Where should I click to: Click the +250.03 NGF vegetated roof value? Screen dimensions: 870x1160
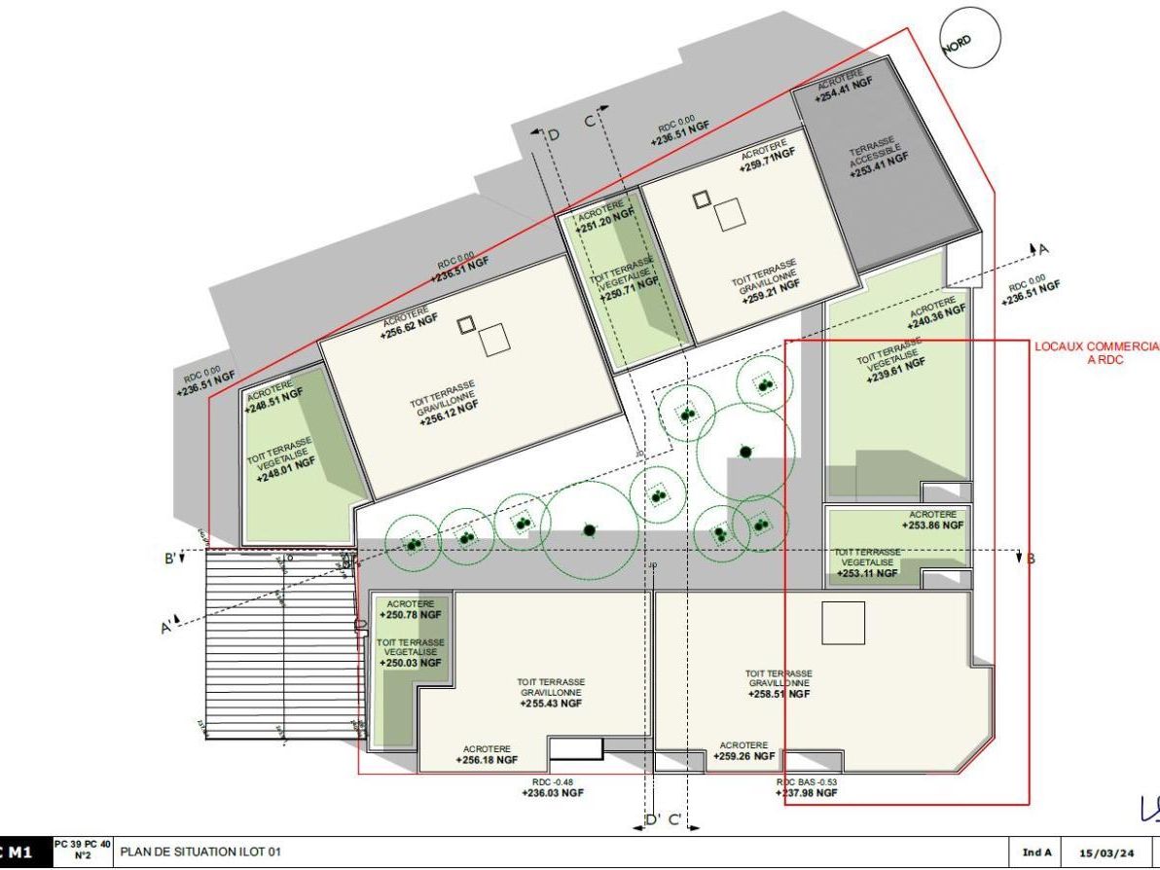[411, 663]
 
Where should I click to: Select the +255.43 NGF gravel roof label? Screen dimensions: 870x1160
[551, 704]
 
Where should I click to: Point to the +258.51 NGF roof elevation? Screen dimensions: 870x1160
[779, 695]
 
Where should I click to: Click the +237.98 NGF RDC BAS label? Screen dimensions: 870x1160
[807, 793]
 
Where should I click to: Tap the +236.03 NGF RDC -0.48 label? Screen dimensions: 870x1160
[553, 793]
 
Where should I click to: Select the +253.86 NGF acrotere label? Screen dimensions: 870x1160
[932, 525]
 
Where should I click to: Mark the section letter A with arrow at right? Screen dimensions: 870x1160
[1042, 249]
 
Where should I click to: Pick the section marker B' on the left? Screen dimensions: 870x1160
[169, 559]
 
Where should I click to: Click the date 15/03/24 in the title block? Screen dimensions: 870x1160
[1108, 853]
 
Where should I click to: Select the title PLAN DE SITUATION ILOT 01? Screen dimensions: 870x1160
[199, 852]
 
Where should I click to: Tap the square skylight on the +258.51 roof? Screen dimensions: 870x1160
[843, 623]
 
